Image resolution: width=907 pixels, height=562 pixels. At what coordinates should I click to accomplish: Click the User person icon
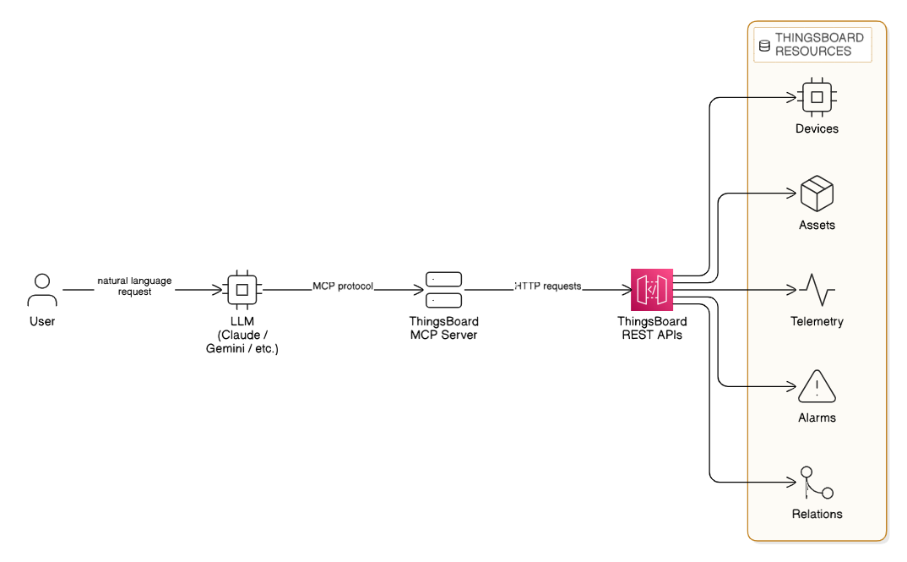(x=41, y=289)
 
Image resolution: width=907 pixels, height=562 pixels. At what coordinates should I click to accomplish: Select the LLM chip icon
(x=242, y=289)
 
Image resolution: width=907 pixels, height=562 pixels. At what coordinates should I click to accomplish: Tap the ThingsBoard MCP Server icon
(x=443, y=289)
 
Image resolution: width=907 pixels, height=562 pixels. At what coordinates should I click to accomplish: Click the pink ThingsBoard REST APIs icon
(x=651, y=289)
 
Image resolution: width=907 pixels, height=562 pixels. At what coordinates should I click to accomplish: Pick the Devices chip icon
(x=817, y=96)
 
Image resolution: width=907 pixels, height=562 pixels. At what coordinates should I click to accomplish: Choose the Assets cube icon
(x=817, y=194)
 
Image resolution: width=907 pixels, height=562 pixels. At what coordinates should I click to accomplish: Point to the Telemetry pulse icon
(x=817, y=290)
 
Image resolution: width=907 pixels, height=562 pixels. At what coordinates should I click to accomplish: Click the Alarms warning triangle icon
(x=817, y=386)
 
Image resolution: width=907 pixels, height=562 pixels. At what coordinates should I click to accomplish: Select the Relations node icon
(x=817, y=483)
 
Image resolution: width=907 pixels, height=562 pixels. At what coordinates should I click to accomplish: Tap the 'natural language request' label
(x=135, y=286)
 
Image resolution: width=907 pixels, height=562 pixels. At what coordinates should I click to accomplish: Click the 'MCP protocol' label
(x=343, y=286)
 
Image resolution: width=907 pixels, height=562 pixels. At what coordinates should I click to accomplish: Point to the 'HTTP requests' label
(x=549, y=286)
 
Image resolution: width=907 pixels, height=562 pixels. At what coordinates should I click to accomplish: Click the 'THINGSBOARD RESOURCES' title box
(x=812, y=45)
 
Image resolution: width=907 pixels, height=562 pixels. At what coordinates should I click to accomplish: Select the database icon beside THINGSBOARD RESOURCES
(x=764, y=45)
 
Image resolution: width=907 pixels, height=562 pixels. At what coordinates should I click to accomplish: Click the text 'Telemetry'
(x=817, y=321)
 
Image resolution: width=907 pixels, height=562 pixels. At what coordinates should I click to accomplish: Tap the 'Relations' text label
(x=817, y=514)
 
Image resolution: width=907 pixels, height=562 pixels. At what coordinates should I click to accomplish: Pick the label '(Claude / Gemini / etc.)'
(x=242, y=342)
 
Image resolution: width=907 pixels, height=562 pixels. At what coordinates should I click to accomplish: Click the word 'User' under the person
(x=41, y=321)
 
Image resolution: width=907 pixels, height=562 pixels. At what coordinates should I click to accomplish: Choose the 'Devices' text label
(x=817, y=128)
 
